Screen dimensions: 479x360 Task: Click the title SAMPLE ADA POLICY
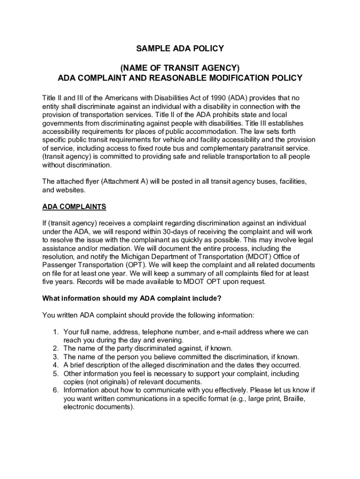click(x=180, y=49)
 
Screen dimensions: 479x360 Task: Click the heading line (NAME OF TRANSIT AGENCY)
click(x=180, y=68)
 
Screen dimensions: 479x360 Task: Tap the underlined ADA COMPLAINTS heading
click(x=74, y=206)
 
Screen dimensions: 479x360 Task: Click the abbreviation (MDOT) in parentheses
click(x=255, y=257)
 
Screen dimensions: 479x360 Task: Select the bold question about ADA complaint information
click(x=132, y=298)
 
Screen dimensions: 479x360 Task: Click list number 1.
click(x=55, y=332)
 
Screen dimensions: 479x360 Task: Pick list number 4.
click(x=55, y=365)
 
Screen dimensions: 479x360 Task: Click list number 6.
click(x=55, y=390)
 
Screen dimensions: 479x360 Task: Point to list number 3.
click(x=55, y=357)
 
